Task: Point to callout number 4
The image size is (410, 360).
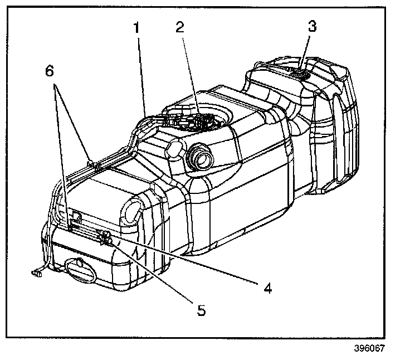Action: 268,288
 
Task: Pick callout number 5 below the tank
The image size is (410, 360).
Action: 202,310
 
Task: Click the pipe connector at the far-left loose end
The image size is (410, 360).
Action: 38,273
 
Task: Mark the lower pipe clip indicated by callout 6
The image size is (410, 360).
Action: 70,225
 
